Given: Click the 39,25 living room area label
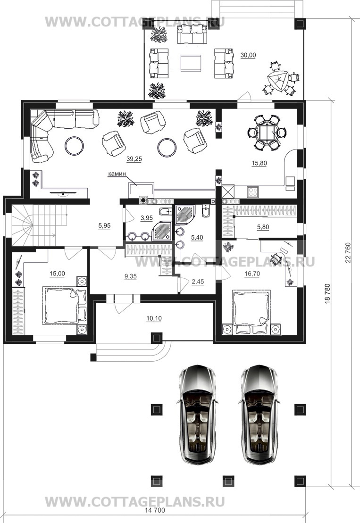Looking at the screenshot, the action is tap(134, 159).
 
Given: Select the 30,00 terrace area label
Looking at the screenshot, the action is tap(248, 56).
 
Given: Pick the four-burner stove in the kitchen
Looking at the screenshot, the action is tap(252, 191).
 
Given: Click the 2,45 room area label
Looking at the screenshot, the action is tap(198, 282).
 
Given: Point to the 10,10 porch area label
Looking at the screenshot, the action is tap(154, 318).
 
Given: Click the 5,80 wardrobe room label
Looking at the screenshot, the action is tap(263, 227).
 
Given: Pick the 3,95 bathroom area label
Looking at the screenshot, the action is tap(146, 218).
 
